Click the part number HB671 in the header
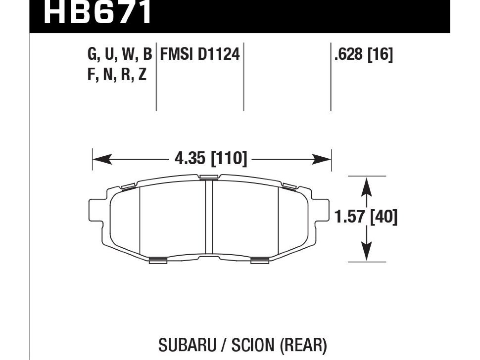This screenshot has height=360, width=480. pyautogui.click(x=98, y=12)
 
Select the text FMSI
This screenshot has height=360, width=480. pyautogui.click(x=177, y=54)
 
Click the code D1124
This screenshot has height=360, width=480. pyautogui.click(x=219, y=54)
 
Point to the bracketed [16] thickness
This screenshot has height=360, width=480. pyautogui.click(x=380, y=55)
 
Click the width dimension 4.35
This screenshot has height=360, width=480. pyautogui.click(x=190, y=158)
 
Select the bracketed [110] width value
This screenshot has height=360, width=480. pyautogui.click(x=229, y=159)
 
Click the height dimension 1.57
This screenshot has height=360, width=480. pyautogui.click(x=350, y=217)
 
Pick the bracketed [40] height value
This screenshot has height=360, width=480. pyautogui.click(x=384, y=217)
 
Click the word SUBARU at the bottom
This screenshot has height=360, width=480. pyautogui.click(x=187, y=345)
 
